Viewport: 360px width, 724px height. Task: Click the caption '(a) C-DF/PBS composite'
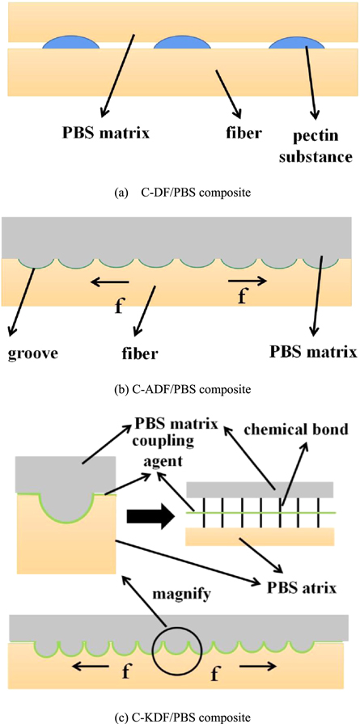click(x=180, y=193)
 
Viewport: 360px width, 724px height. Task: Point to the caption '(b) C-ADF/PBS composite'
click(x=180, y=389)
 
